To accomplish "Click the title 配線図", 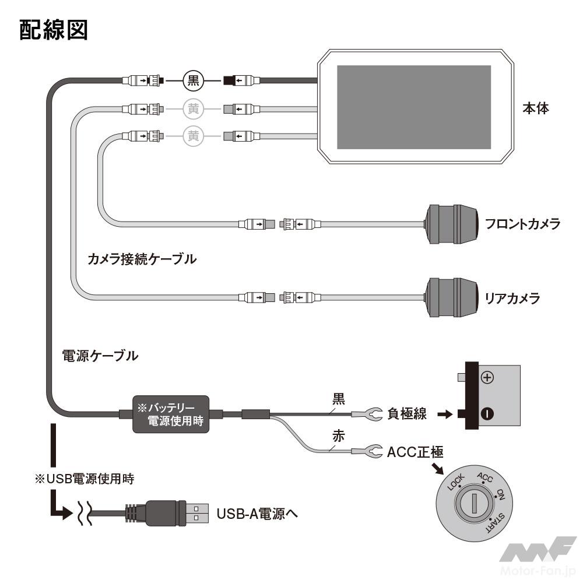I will point(54,30).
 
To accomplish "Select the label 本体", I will point(535,108).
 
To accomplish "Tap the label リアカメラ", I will point(512,298).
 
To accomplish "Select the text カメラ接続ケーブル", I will point(141,259).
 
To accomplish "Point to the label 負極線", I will point(406,414).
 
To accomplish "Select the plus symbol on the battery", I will point(487,378).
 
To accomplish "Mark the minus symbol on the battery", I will point(487,414).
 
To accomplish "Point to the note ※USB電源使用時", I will point(85,479).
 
